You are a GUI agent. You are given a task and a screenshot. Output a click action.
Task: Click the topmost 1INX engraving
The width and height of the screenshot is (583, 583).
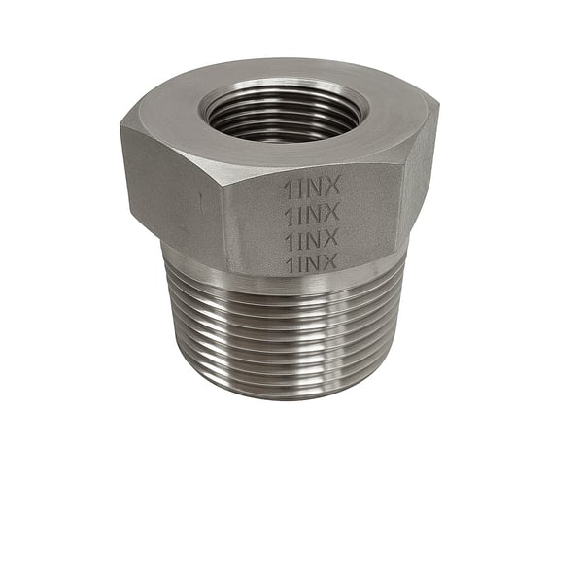click(311, 189)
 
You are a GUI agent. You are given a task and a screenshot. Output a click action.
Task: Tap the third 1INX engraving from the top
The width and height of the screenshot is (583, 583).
click(311, 238)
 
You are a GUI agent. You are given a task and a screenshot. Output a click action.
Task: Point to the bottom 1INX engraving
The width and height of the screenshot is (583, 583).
click(311, 261)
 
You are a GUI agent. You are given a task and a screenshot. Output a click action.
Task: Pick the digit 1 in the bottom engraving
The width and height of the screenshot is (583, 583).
click(290, 261)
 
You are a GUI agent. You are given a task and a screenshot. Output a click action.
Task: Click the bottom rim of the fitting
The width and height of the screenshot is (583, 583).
click(282, 396)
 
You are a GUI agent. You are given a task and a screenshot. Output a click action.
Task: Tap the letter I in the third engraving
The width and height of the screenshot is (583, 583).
click(300, 238)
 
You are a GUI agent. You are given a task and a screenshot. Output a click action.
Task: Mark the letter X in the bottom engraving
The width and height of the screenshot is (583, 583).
click(329, 261)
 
